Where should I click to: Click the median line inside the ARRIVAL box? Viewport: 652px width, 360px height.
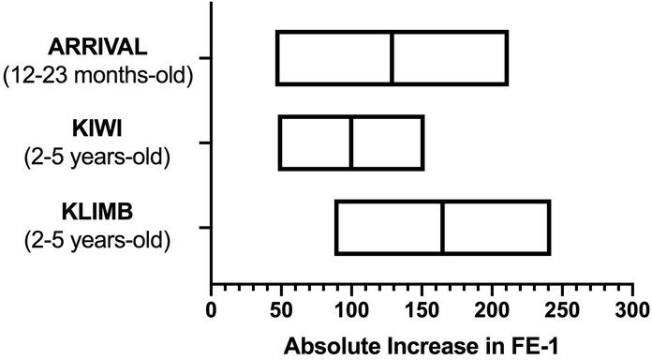[392, 57]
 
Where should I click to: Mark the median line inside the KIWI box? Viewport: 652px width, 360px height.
[351, 142]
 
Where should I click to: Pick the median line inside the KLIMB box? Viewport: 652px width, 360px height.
[442, 227]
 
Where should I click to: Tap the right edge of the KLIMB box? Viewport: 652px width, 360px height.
[549, 227]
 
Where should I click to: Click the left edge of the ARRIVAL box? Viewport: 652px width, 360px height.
[277, 57]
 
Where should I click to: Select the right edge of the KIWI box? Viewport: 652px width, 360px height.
[422, 142]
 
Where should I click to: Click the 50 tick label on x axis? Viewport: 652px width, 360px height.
[281, 309]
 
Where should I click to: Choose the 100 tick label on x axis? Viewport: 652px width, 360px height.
[351, 309]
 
